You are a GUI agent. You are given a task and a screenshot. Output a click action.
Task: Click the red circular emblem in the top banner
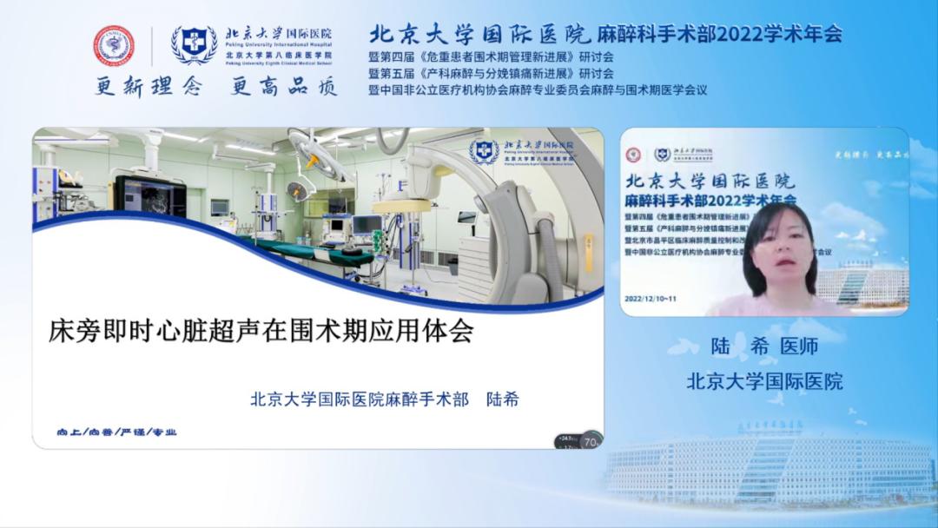[x=115, y=46]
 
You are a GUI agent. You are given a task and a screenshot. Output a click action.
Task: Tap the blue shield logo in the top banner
[x=194, y=46]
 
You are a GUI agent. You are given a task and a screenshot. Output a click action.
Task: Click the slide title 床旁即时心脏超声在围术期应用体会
[x=261, y=332]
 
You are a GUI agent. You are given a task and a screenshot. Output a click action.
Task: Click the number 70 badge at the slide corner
[x=590, y=440]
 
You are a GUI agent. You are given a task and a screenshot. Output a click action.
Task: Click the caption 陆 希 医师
[x=764, y=346]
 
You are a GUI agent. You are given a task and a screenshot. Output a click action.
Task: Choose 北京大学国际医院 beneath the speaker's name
[x=764, y=381]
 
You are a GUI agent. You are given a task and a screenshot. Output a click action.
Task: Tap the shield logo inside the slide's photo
[x=484, y=152]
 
